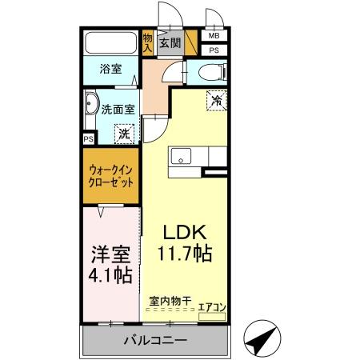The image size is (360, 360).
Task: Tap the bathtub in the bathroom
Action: (110, 43)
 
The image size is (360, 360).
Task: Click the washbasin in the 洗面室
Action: (91, 107)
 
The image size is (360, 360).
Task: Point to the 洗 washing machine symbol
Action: (124, 134)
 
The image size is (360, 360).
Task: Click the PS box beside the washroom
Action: (87, 138)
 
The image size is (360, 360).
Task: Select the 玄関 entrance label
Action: (169, 42)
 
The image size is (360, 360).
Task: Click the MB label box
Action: (214, 36)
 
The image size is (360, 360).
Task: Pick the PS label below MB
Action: (214, 50)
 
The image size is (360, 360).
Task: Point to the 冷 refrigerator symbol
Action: (216, 100)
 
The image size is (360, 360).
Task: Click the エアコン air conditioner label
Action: (211, 306)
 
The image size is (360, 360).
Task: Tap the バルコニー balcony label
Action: (155, 340)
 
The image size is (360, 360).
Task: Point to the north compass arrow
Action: (260, 339)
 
